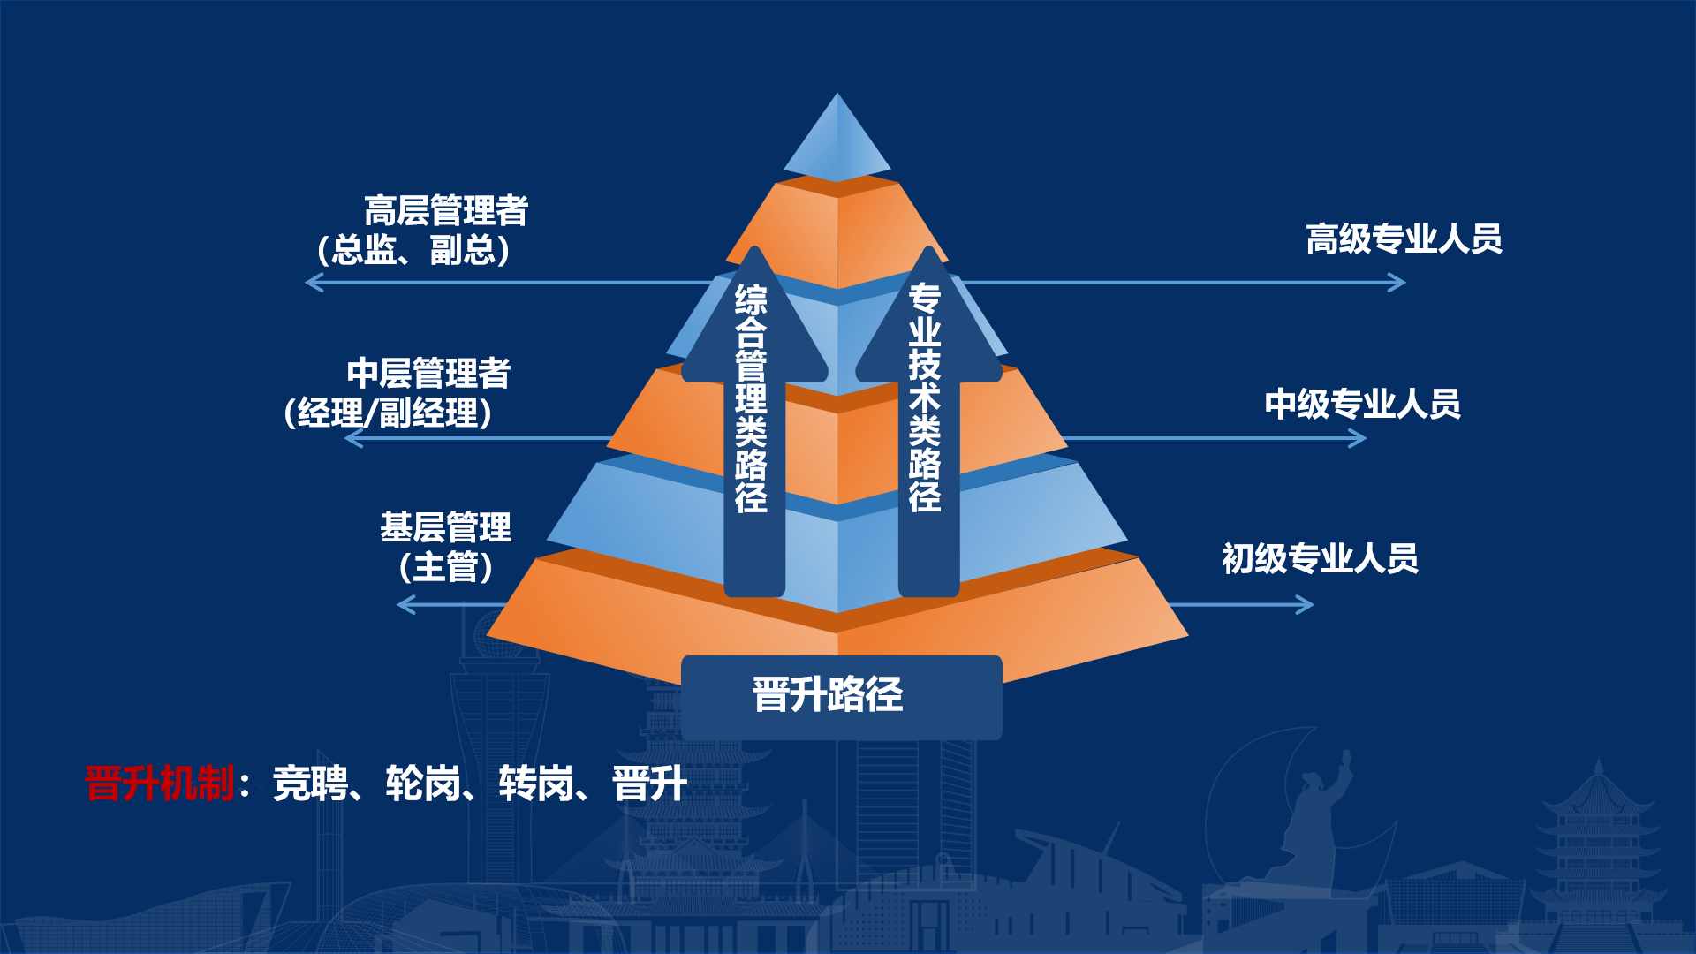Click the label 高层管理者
pyautogui.click(x=446, y=211)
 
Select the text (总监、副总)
pyautogui.click(x=413, y=250)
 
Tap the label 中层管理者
pyautogui.click(x=428, y=373)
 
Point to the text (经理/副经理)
pyautogui.click(x=389, y=413)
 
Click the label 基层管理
pyautogui.click(x=446, y=527)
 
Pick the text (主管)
pyautogui.click(x=446, y=566)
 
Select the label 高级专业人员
pyautogui.click(x=1404, y=238)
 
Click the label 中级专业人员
pyautogui.click(x=1363, y=404)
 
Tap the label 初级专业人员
pyautogui.click(x=1321, y=558)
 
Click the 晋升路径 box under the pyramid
pyautogui.click(x=842, y=697)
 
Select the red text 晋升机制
pyautogui.click(x=159, y=784)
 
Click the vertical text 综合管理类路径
pyautogui.click(x=752, y=398)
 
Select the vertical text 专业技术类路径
pyautogui.click(x=925, y=397)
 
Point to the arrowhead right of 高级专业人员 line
pyautogui.click(x=1397, y=283)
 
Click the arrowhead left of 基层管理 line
pyautogui.click(x=406, y=605)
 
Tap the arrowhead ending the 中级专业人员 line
pyautogui.click(x=1358, y=438)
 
